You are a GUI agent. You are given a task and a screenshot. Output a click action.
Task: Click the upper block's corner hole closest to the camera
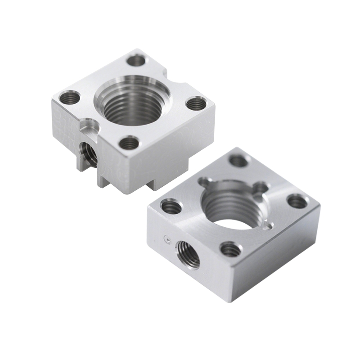coord(130,143)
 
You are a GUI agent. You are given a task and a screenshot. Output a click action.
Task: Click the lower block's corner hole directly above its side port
coord(171,207)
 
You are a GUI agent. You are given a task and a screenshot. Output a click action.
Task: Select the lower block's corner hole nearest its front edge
coord(230,249)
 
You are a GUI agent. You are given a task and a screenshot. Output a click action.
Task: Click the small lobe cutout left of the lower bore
coord(205,182)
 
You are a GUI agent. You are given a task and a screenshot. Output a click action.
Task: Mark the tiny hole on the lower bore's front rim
coord(269,224)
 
